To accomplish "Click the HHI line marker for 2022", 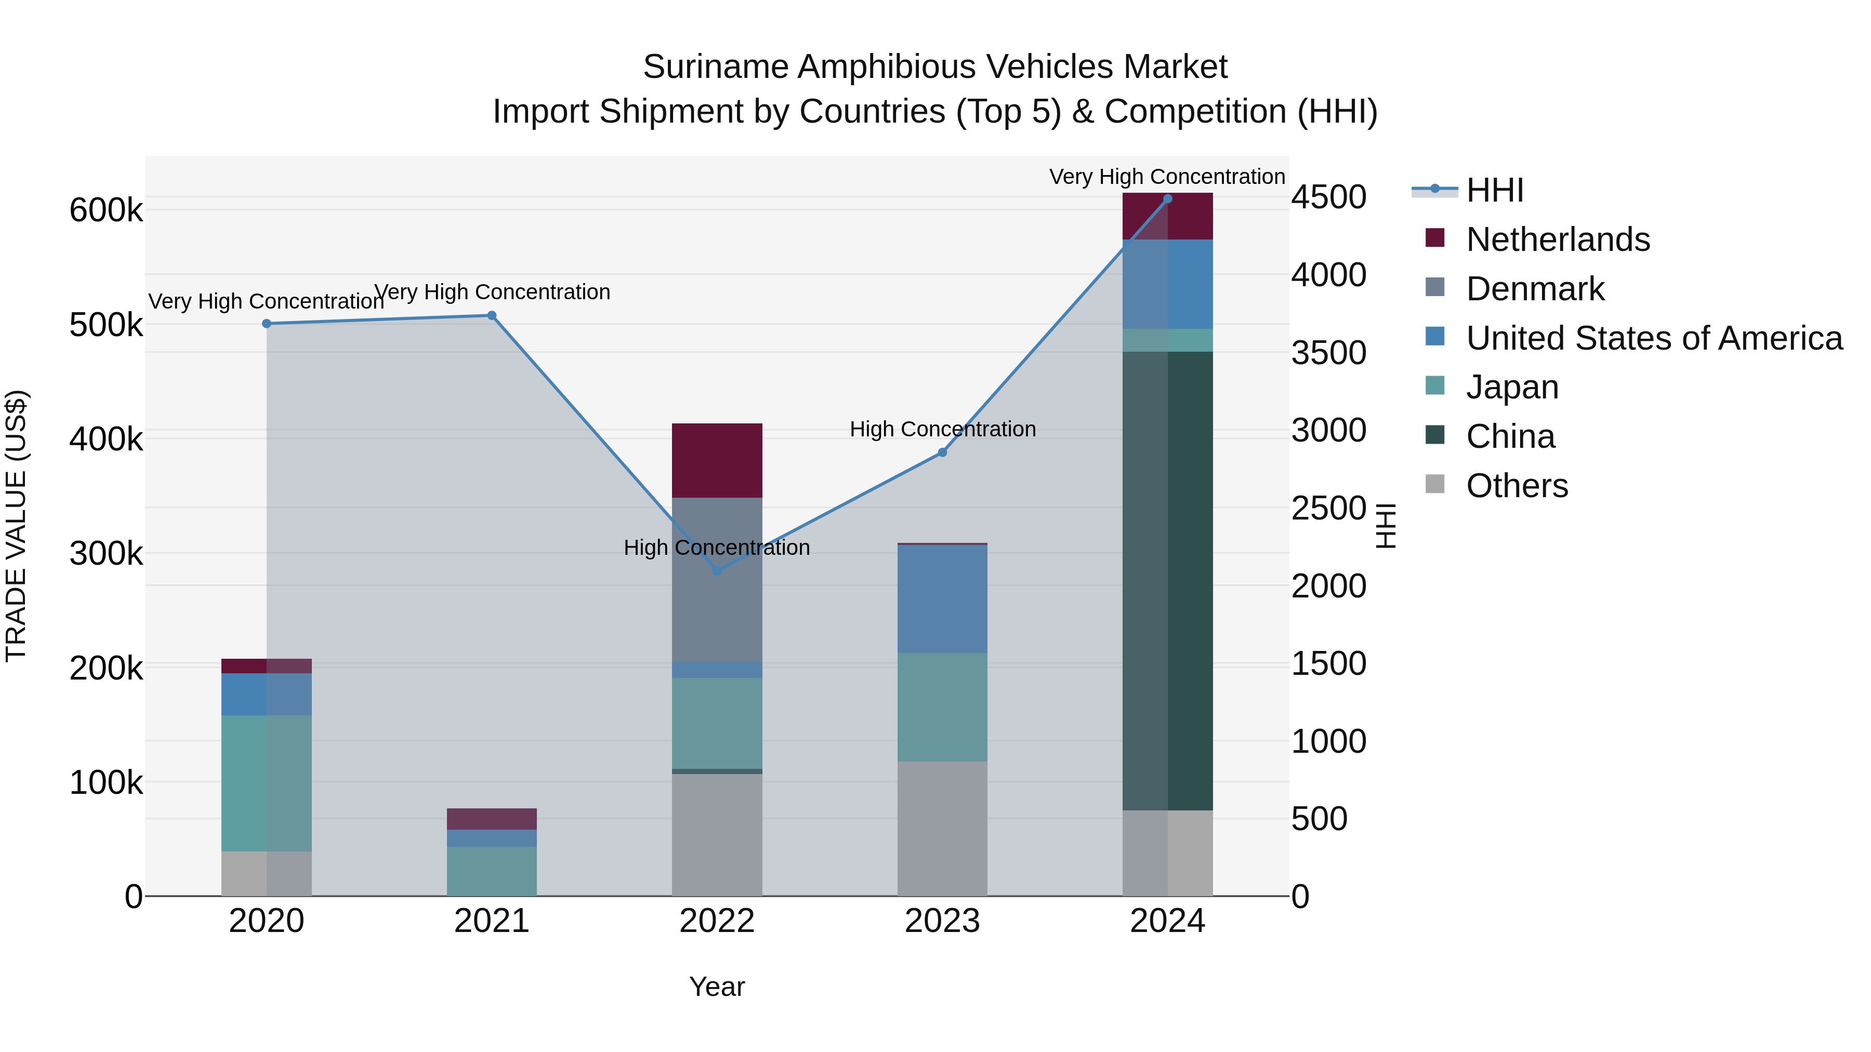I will (717, 570).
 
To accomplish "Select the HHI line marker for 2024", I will (1167, 198).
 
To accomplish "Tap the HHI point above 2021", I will (492, 315).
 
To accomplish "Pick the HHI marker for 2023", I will (942, 452).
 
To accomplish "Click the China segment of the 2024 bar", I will (1167, 581).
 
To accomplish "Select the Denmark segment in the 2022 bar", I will (717, 579).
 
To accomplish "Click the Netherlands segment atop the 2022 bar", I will (717, 460).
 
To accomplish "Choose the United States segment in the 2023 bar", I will (942, 598).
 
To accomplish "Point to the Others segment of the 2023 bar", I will (942, 829).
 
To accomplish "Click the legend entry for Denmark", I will (1534, 289).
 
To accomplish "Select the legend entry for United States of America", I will (1653, 338).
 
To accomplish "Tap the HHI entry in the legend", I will (1494, 190).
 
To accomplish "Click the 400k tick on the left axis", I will (106, 439).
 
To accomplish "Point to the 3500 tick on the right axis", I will (1328, 354).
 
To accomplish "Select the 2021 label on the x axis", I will (492, 921).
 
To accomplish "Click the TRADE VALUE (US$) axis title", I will (16, 526).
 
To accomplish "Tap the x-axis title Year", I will (717, 987).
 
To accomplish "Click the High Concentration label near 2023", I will (942, 429).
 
